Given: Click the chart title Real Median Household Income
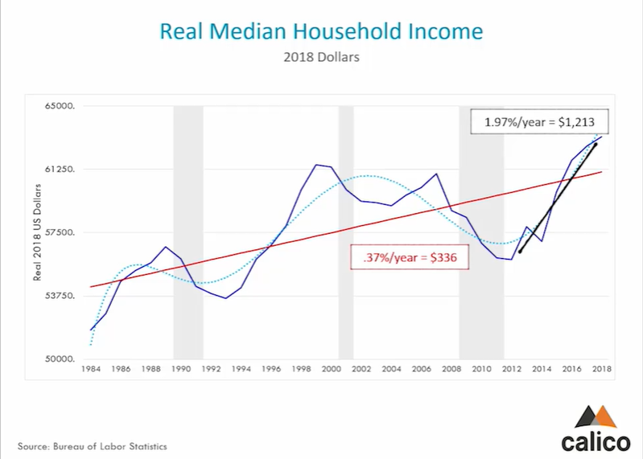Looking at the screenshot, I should (x=321, y=31).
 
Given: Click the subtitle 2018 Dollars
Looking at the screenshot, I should (x=321, y=58).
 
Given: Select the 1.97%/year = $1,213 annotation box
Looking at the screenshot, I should (x=540, y=123).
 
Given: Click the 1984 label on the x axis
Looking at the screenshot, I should (x=91, y=370).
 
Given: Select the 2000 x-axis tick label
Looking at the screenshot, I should (x=332, y=370).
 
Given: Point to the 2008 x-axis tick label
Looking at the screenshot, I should (x=451, y=370).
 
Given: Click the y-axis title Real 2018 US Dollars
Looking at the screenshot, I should (x=37, y=233).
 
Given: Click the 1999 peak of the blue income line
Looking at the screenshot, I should (x=316, y=165).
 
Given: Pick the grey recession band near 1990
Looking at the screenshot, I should (x=188, y=233).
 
